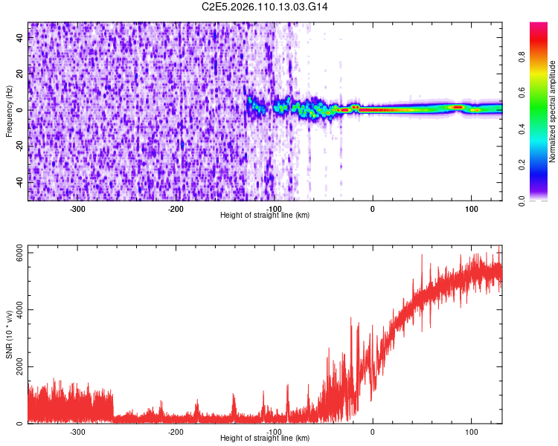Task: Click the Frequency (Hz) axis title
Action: pyautogui.click(x=9, y=111)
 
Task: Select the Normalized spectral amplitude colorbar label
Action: pyautogui.click(x=553, y=111)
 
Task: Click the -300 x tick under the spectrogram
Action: pyautogui.click(x=77, y=208)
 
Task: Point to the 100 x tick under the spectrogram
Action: pyautogui.click(x=471, y=208)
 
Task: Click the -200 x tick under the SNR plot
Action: pyautogui.click(x=176, y=431)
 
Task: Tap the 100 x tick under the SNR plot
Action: pyautogui.click(x=471, y=431)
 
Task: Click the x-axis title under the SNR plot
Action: pyautogui.click(x=265, y=439)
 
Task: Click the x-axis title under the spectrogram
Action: pyautogui.click(x=265, y=216)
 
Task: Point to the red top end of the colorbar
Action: pyautogui.click(x=539, y=27)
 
